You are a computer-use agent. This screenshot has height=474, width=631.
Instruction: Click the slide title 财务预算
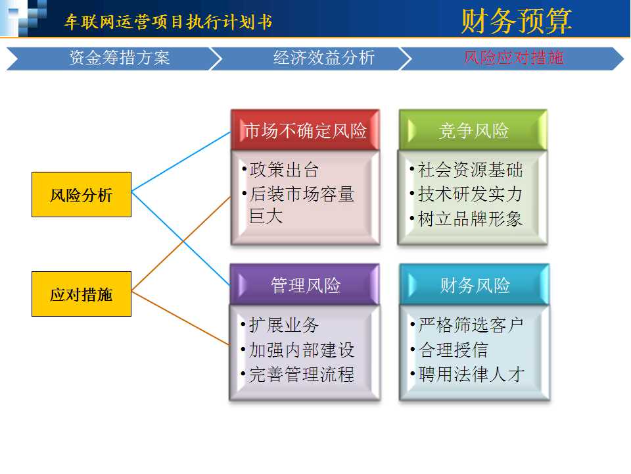[x=517, y=20]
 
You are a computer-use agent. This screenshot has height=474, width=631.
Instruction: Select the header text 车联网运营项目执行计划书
[x=169, y=22]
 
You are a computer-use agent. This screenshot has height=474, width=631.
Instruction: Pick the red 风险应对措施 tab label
[x=513, y=58]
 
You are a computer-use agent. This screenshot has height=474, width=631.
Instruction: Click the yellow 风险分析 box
[x=82, y=195]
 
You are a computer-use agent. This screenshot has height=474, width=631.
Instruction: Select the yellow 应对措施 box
[x=82, y=294]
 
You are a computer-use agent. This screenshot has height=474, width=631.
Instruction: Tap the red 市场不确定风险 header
[x=306, y=130]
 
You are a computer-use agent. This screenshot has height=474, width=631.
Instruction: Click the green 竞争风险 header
[x=473, y=130]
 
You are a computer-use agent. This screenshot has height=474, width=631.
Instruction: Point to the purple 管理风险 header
[x=304, y=284]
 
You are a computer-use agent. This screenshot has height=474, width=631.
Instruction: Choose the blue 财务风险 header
[x=475, y=284]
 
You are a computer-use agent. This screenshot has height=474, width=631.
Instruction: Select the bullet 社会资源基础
[x=467, y=170]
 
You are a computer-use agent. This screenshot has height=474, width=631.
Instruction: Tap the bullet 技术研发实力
[x=467, y=194]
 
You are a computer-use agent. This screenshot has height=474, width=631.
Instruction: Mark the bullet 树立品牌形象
[x=467, y=219]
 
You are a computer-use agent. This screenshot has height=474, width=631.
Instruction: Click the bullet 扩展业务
[x=281, y=325]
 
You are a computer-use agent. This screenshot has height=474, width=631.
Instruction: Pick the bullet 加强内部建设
[x=298, y=350]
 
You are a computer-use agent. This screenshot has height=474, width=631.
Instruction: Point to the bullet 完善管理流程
[x=298, y=374]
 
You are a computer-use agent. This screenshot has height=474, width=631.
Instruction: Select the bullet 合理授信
[x=450, y=350]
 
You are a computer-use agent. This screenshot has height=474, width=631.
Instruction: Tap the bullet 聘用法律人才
[x=467, y=374]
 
